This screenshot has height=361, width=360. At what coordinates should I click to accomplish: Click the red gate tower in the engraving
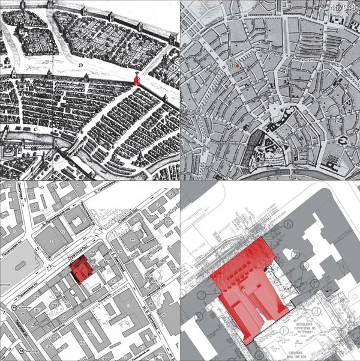(x=137, y=79)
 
